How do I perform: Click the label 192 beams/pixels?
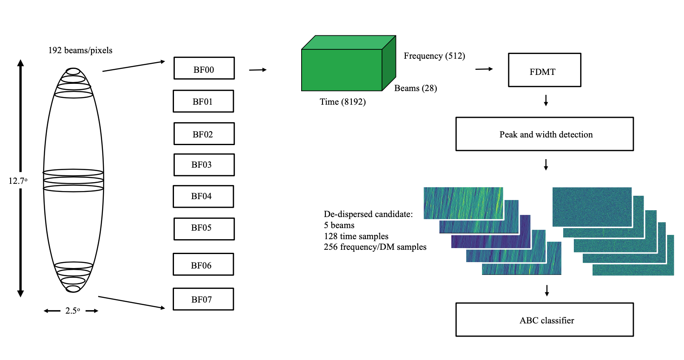80,50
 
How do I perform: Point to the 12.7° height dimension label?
18,181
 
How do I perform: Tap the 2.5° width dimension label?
73,311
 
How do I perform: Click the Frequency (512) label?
434,56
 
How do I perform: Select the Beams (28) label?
416,88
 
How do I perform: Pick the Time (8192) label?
342,102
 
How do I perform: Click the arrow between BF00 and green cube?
258,70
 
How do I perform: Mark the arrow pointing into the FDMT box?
484,69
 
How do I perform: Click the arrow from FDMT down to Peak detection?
546,100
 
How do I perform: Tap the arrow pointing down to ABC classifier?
547,290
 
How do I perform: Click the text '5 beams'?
339,226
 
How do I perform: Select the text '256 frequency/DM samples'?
375,247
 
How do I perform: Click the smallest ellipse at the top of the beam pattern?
73,69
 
